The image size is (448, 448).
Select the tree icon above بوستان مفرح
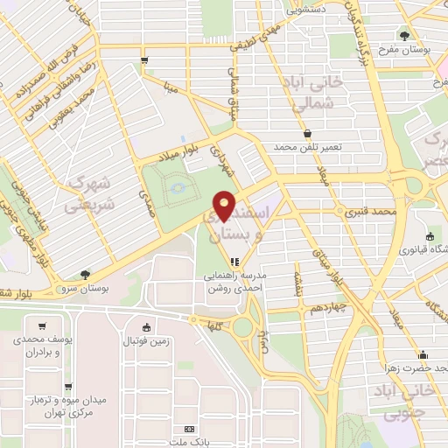click(403, 35)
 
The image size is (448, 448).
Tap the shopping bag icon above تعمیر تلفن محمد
click(307, 133)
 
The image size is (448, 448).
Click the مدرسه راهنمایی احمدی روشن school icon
click(233, 261)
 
